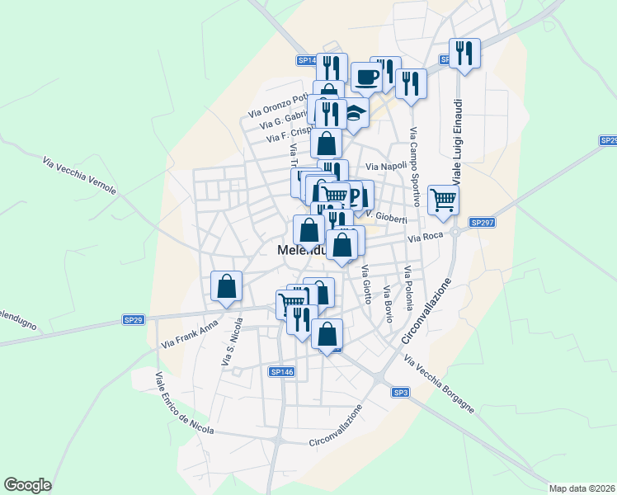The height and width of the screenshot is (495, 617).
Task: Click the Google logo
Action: (x=27, y=485)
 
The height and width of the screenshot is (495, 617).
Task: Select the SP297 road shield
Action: (x=481, y=223)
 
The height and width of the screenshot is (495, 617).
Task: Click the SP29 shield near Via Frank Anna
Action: (x=134, y=319)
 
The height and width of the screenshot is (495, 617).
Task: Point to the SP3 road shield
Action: (x=400, y=392)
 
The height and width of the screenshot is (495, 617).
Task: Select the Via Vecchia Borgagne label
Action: (x=439, y=384)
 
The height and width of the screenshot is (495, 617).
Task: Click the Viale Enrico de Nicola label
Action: (x=184, y=403)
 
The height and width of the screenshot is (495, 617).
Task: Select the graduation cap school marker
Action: (x=354, y=112)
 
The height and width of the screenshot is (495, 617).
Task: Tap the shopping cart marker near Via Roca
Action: (x=443, y=199)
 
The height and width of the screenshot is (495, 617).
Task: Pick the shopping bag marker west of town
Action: (x=226, y=285)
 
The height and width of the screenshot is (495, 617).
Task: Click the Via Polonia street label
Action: (x=407, y=288)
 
